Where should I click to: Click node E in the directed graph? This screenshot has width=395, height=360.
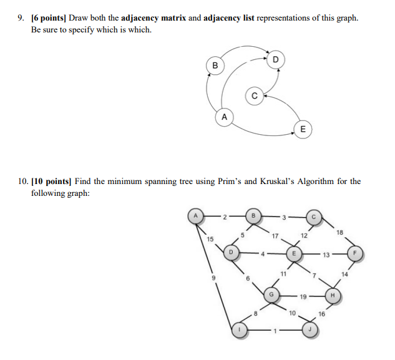point(303,130)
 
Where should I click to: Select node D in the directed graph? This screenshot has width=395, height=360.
point(276,60)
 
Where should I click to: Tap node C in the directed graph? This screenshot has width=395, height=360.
point(253,95)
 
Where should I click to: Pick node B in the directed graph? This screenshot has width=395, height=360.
point(215,65)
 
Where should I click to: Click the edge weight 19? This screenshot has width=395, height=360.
point(303,297)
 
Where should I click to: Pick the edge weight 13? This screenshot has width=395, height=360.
point(326,255)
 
